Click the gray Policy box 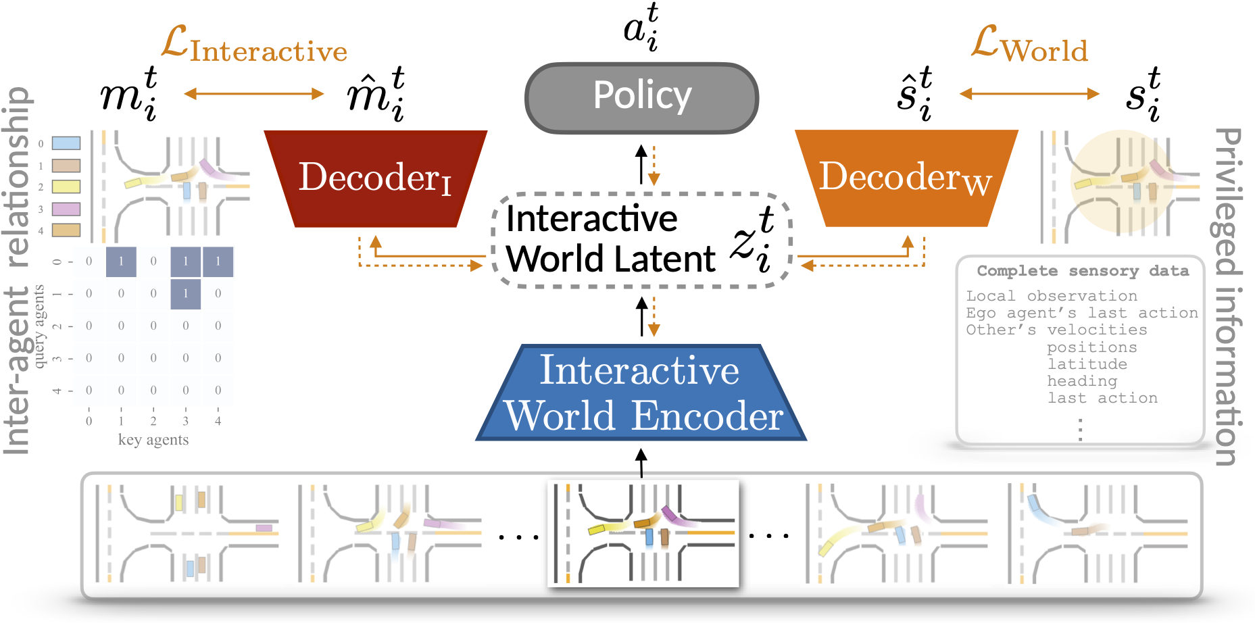pos(641,97)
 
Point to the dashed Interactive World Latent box pos(641,240)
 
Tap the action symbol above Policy pos(641,28)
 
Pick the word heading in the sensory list pos(1082,381)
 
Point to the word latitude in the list pos(1087,364)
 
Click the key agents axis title pos(153,440)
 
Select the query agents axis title pos(39,326)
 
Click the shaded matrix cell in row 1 pos(185,294)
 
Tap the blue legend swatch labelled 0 pos(66,143)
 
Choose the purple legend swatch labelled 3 pos(66,209)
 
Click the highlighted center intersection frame pos(643,533)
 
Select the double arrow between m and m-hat pos(253,94)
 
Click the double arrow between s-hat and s pos(1029,94)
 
